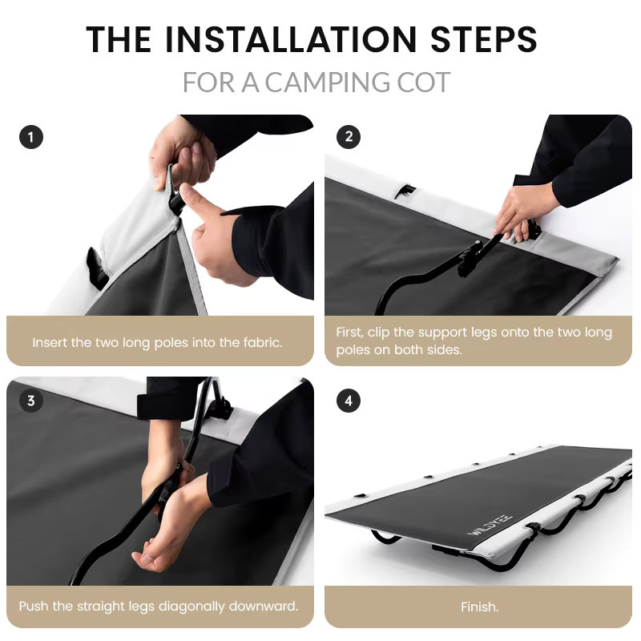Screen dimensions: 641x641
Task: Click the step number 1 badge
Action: [x=31, y=137]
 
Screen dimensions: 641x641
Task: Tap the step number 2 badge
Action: [x=349, y=136]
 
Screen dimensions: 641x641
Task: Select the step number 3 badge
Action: [x=31, y=401]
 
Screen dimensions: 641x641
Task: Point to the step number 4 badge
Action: [x=349, y=401]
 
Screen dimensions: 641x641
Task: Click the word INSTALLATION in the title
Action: [x=291, y=39]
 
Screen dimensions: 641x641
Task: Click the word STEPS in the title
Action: [x=483, y=39]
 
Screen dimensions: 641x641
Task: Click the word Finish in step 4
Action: [x=478, y=607]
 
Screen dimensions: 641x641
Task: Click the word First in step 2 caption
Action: [x=349, y=333]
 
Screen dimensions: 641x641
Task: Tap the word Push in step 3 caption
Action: [x=34, y=606]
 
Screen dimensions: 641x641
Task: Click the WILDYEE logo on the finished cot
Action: [x=490, y=524]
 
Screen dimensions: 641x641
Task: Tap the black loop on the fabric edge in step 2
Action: [x=405, y=191]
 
